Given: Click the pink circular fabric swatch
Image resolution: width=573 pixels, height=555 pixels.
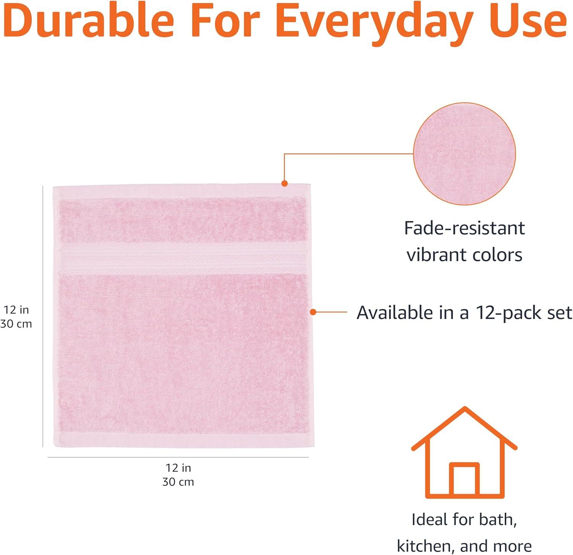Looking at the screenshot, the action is [x=465, y=154].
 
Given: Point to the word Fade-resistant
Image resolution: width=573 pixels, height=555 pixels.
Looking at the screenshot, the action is [x=465, y=228].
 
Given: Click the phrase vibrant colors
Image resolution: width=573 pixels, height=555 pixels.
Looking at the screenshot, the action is [x=465, y=255].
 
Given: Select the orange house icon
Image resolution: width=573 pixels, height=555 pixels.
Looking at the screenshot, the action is [x=464, y=453].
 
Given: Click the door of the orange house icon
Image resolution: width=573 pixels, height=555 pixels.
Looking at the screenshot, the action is [x=464, y=480].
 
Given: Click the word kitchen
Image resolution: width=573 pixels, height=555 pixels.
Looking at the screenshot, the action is [x=425, y=546].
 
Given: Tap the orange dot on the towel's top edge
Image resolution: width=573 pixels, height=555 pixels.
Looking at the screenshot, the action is [x=284, y=183].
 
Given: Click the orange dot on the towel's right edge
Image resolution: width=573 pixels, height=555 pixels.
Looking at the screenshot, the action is [x=313, y=312].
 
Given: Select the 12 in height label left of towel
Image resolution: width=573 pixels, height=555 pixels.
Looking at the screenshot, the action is [x=16, y=310].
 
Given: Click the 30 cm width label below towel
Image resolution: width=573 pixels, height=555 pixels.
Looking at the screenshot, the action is [x=178, y=482].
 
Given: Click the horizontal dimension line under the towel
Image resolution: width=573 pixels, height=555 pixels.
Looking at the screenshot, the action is [x=178, y=457].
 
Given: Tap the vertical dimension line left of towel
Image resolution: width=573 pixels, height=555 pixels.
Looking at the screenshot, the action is [x=43, y=316].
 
